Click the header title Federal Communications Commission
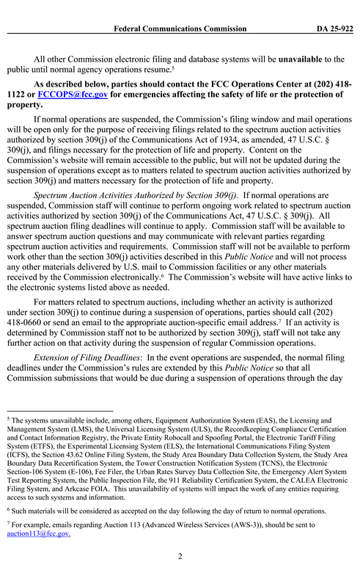pyautogui.click(x=180, y=29)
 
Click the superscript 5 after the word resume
pyautogui.click(x=172, y=68)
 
